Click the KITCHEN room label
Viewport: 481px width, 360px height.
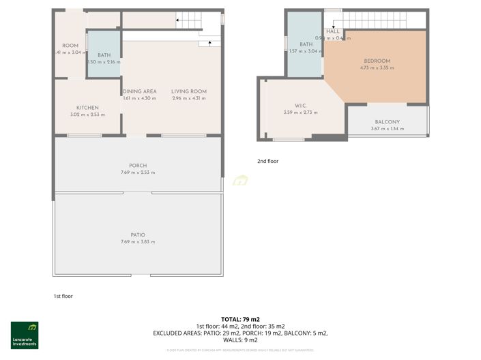(x=87, y=108)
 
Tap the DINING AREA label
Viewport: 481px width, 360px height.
(x=140, y=91)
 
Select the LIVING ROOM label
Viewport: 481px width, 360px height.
(x=189, y=91)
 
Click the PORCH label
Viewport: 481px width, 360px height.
(x=138, y=166)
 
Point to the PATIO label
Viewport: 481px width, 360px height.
(x=138, y=235)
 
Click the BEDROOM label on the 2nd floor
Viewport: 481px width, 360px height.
(x=377, y=61)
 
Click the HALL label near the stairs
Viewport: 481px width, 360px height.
(x=333, y=31)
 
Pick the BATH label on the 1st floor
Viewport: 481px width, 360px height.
(x=104, y=55)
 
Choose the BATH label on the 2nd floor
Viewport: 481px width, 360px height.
(x=306, y=44)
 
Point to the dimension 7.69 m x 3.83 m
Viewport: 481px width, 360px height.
(x=138, y=242)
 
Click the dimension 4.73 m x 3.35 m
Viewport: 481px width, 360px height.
(x=377, y=68)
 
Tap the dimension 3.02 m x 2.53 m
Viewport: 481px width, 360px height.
(x=87, y=115)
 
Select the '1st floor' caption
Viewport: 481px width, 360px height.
(x=63, y=296)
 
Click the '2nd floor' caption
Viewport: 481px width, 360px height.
(x=267, y=162)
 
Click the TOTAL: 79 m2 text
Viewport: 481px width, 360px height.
(x=240, y=319)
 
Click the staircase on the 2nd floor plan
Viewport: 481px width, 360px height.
(x=382, y=21)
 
